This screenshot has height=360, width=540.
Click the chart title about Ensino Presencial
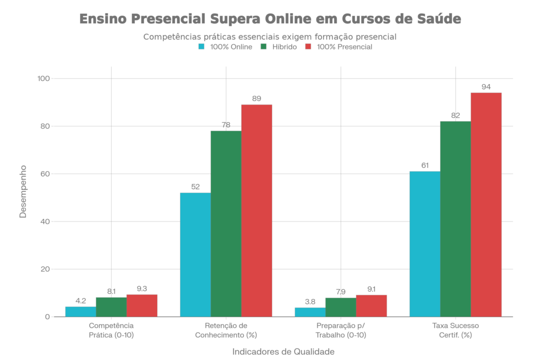coord(270,19)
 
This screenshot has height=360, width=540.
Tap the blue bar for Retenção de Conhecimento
coord(195,255)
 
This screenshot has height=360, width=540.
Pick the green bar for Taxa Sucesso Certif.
coord(455,219)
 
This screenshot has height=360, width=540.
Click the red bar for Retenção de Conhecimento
coord(257,210)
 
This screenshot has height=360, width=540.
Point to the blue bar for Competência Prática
coord(80,312)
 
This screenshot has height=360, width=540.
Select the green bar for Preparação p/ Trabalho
coord(340,307)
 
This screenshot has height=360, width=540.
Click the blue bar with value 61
coord(425,244)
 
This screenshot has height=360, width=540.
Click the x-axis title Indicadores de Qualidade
coord(283,352)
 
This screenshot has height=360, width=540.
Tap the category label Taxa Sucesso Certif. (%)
coord(455,330)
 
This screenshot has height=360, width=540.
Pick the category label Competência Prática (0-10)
coord(111,330)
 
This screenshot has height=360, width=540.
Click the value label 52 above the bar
coord(195,187)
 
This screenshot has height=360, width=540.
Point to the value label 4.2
coord(81,300)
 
